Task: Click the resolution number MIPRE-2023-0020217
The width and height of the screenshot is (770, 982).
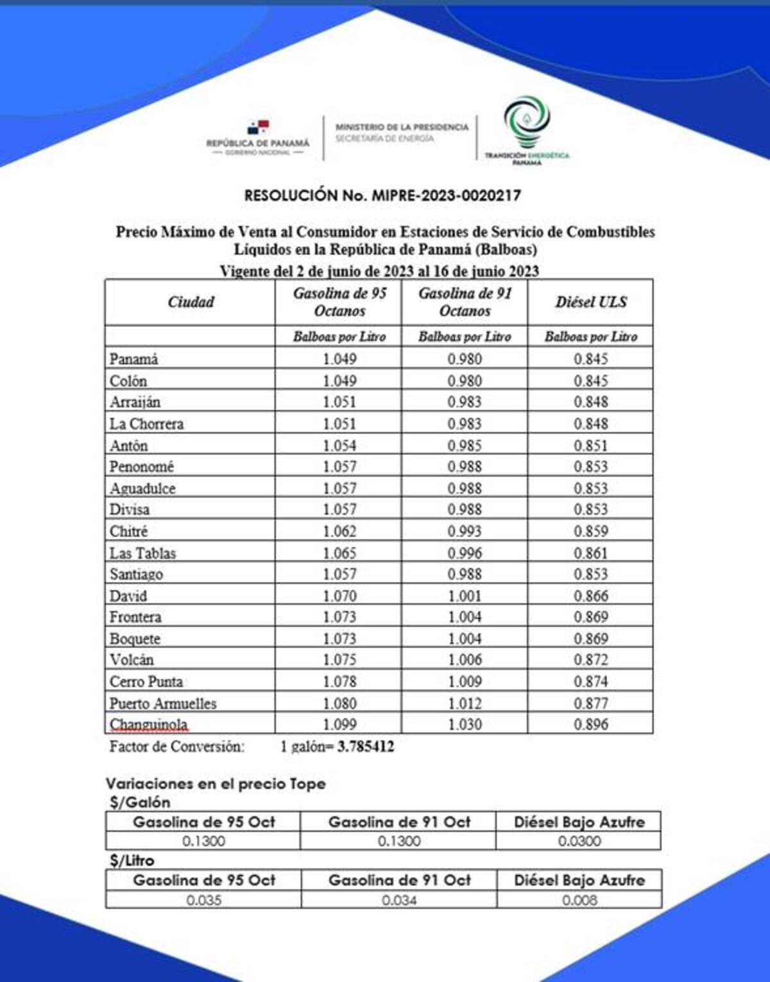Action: pos(382,196)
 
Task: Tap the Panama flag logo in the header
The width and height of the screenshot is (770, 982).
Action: pos(258,128)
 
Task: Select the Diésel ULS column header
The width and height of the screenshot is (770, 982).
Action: pos(590,302)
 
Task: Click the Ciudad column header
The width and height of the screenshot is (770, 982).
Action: pos(191,302)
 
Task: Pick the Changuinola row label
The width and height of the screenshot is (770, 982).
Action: pos(149,724)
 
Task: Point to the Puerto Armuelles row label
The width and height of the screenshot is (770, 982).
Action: pos(163,703)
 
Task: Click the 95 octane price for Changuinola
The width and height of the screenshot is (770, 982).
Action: pos(339,724)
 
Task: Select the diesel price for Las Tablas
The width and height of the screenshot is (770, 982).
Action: pos(590,553)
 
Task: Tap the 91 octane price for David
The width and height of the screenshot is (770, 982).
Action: pos(465,595)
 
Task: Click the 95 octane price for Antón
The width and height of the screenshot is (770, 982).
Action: pos(339,445)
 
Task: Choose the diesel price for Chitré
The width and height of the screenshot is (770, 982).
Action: pos(590,531)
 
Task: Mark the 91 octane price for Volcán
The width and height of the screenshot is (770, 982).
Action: pos(465,660)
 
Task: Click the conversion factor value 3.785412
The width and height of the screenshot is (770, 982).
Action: pos(366,747)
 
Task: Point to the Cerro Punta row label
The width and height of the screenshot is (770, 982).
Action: pos(146,681)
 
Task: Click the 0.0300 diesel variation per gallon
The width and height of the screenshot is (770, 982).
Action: pos(579,841)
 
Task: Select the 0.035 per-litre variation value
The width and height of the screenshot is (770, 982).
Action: pos(203,900)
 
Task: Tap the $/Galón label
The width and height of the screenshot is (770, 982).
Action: pos(140,803)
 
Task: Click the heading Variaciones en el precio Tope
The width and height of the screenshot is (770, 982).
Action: pos(216,783)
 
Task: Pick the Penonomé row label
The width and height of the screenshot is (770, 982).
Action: pos(142,467)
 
